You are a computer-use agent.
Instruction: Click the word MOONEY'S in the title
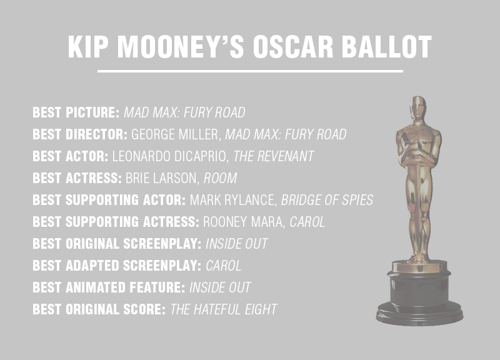click(x=181, y=47)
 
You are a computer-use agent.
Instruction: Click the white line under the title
click(x=251, y=71)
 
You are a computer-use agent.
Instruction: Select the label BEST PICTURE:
click(x=76, y=112)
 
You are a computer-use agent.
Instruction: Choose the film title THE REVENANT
click(x=274, y=156)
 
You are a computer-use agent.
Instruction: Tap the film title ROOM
click(x=221, y=178)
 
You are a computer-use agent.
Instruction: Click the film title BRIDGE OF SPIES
click(x=327, y=200)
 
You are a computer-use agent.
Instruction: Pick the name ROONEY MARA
click(x=244, y=222)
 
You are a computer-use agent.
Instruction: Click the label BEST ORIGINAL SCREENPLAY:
click(x=117, y=244)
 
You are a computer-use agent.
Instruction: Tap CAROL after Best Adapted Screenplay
click(x=224, y=266)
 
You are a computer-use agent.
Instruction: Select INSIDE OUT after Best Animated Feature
click(x=220, y=287)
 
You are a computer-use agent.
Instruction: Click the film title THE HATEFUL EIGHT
click(x=224, y=309)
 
